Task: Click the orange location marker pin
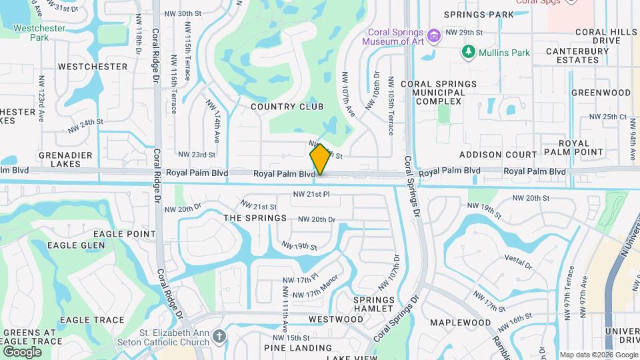[x=321, y=159]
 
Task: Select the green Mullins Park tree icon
[x=468, y=51]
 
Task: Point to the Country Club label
[x=287, y=107]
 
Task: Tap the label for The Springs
[x=255, y=218]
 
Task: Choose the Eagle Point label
[x=125, y=234]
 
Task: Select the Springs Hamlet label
[x=374, y=304]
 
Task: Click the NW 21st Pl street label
[x=311, y=195]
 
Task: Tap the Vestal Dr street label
[x=519, y=261]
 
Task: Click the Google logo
[x=22, y=351]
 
